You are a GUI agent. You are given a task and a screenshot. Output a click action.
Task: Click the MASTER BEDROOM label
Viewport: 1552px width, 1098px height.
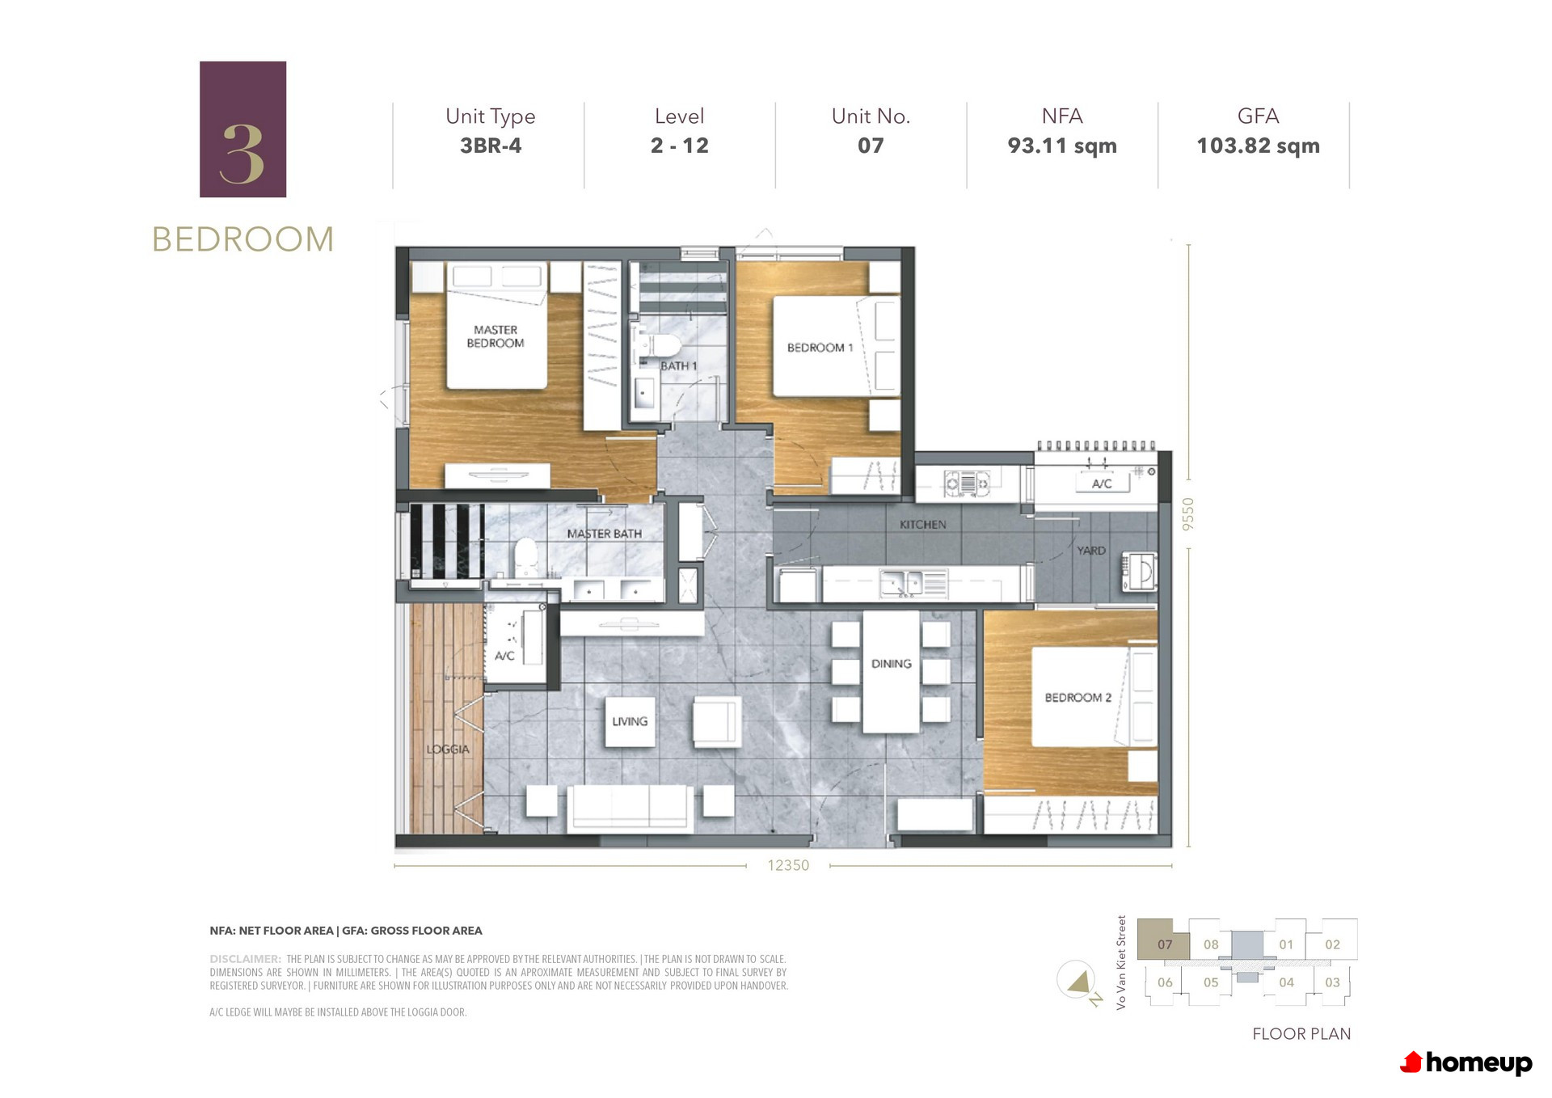click(x=496, y=336)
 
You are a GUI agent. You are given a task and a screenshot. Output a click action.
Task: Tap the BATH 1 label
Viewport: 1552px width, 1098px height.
click(x=678, y=366)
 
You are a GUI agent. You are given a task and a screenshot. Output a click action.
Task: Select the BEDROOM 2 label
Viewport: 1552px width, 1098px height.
click(x=1078, y=698)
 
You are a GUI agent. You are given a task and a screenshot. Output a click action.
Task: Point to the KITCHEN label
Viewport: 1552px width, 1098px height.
click(x=922, y=525)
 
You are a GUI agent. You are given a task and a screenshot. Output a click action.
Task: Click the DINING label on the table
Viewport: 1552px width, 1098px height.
click(x=892, y=664)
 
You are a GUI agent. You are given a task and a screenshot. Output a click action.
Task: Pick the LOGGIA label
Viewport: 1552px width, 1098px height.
click(x=448, y=750)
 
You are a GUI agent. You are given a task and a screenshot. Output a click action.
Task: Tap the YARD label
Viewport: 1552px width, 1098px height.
click(x=1090, y=551)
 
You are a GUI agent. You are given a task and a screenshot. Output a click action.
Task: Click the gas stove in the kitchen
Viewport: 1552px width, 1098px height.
click(x=967, y=484)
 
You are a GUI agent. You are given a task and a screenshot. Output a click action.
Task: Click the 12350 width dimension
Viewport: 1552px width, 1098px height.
click(x=788, y=865)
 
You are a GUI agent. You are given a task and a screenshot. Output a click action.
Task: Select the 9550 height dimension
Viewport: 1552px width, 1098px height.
click(x=1187, y=514)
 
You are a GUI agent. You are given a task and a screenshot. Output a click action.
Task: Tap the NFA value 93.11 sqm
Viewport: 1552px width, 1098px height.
click(x=1062, y=146)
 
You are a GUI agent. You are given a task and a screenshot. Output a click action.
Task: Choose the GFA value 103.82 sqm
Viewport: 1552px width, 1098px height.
click(x=1258, y=146)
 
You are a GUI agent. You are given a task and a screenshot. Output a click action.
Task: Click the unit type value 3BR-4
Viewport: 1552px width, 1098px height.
click(x=491, y=146)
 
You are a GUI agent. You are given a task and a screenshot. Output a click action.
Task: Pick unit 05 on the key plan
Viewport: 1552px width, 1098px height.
click(x=1210, y=982)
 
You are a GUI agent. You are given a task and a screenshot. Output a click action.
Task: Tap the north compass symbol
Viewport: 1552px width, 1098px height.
click(x=1078, y=982)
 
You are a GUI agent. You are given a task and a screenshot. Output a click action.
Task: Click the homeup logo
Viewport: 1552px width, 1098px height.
click(x=1466, y=1062)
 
